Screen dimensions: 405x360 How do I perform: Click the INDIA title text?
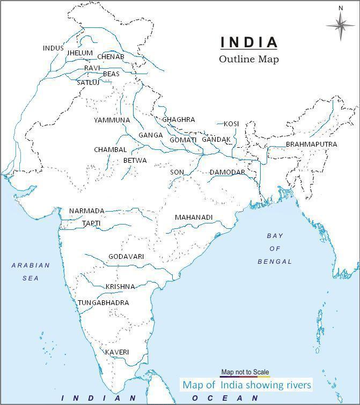[249, 42]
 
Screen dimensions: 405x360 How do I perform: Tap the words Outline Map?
[249, 59]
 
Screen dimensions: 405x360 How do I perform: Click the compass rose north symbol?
[340, 24]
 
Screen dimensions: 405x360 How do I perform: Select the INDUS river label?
[53, 48]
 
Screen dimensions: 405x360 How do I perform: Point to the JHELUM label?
[79, 54]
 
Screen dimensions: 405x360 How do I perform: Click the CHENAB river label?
[111, 57]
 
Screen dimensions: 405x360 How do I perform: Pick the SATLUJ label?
[88, 83]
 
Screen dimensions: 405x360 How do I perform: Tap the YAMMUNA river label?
[112, 120]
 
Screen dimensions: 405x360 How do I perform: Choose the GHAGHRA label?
[179, 119]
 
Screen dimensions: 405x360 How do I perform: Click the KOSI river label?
[231, 124]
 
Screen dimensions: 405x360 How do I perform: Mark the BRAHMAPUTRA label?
[311, 144]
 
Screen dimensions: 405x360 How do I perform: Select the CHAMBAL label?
[111, 150]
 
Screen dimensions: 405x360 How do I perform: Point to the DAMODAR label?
[227, 172]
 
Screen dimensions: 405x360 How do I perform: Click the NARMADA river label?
[87, 211]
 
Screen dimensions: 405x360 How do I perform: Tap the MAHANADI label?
[194, 218]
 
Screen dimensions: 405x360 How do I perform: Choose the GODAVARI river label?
[126, 257]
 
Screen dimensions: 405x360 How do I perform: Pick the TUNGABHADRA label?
[104, 303]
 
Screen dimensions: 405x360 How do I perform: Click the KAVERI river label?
[117, 352]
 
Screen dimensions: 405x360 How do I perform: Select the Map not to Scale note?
[245, 372]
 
